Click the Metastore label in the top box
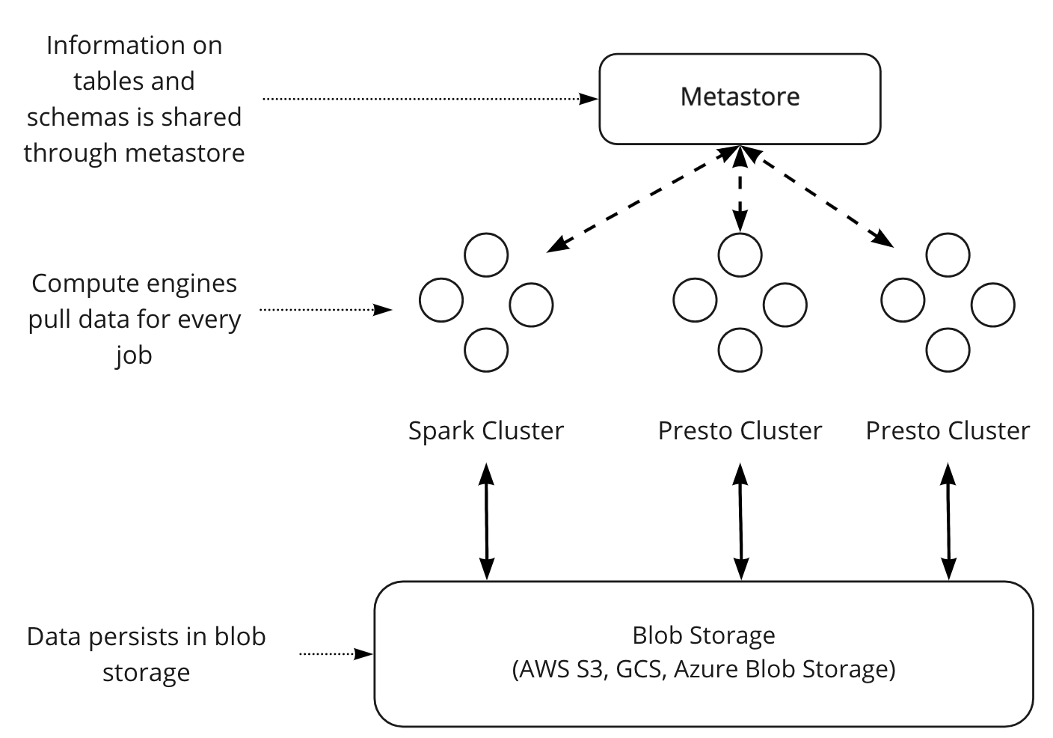coord(740,97)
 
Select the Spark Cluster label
coord(485,431)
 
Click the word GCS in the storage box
coord(639,668)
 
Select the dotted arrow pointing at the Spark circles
coord(325,308)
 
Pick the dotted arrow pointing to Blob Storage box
coord(336,653)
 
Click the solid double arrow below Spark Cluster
coord(487,521)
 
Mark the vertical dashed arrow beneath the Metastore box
coord(740,189)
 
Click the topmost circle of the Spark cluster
coord(486,254)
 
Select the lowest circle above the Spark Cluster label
coord(486,350)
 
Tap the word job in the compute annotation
coord(134,355)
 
